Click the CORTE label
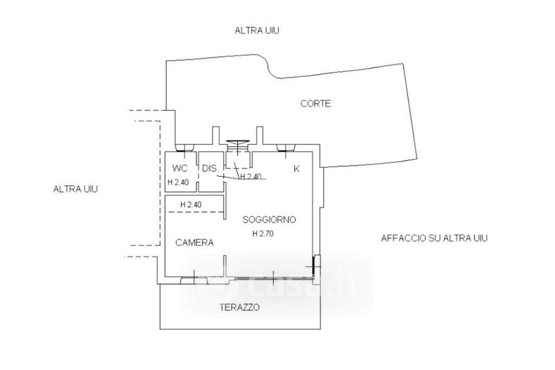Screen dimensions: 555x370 tap(316, 103)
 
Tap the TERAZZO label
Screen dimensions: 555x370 tap(239, 307)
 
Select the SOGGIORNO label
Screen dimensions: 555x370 tap(269, 220)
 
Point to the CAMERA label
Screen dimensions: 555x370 tap(194, 243)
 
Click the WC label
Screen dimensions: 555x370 tap(180, 168)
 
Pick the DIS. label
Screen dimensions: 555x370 tap(210, 168)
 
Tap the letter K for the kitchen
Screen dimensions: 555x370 tap(297, 169)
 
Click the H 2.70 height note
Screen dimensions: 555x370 tap(263, 234)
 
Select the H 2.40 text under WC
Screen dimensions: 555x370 tap(178, 182)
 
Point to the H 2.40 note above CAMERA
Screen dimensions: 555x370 tap(191, 204)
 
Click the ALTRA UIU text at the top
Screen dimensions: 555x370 tap(257, 30)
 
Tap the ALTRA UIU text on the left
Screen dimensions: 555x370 tap(76, 189)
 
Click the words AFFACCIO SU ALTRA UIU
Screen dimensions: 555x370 tap(434, 238)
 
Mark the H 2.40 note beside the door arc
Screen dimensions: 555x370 tap(251, 177)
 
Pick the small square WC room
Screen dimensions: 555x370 tap(181, 172)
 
